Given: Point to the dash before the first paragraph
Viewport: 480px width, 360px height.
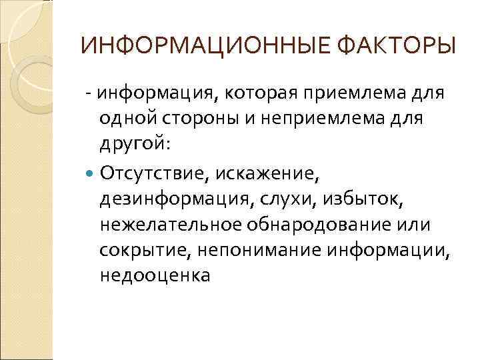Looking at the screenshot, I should coord(88,92).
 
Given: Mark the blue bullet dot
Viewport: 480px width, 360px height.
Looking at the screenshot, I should coord(91,175).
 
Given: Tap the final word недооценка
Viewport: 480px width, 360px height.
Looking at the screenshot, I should coord(155,275).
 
